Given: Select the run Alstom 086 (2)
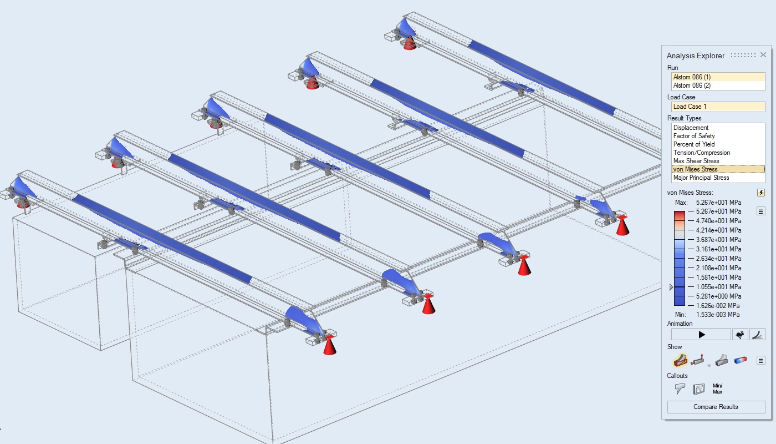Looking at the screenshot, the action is coord(692,85).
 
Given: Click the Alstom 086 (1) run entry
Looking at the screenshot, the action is coord(692,77).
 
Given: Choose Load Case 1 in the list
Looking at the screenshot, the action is coord(690,107).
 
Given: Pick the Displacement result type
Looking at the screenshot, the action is coord(691,128).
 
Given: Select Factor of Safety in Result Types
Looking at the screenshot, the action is coord(694,136).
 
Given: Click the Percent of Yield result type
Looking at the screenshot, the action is coord(694,144).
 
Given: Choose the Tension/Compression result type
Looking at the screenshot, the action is coord(702,153).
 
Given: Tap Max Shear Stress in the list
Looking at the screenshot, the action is coord(696,161).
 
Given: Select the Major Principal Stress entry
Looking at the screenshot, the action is coord(701,178).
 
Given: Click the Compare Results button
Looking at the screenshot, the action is coord(716,407).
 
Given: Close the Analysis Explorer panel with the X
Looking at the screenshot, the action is coord(763,55).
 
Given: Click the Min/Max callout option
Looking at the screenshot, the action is coord(717,389).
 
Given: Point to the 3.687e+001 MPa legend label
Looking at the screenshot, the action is coord(718,240).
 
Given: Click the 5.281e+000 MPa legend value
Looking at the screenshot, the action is coord(718,296).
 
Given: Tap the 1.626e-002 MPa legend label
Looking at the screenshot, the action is coord(718,306).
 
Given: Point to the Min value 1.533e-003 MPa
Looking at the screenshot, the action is coord(718,315).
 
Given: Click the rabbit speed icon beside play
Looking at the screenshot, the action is coord(740,335).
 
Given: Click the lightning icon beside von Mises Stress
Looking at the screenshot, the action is coord(760,193).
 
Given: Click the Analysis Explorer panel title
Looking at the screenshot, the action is coord(695,56).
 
